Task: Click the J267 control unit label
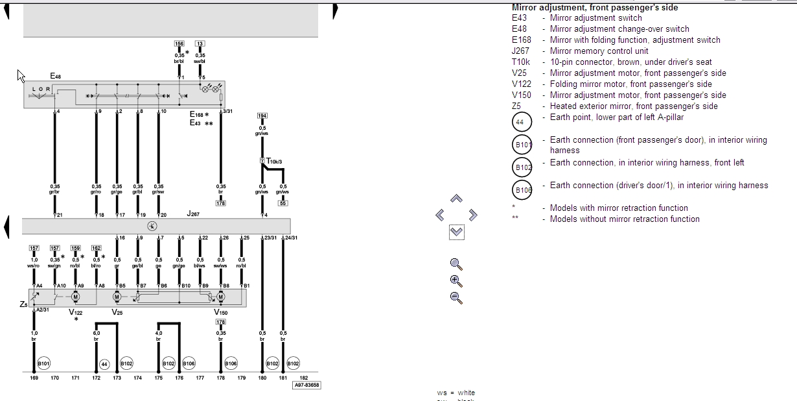click(194, 213)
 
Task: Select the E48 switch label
click(56, 77)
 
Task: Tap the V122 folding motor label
click(75, 312)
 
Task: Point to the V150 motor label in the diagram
click(220, 312)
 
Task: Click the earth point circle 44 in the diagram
click(104, 364)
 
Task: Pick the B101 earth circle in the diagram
click(43, 363)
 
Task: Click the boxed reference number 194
click(262, 115)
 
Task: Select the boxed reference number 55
click(283, 203)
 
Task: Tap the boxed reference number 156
click(179, 43)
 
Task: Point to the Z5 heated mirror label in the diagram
click(24, 304)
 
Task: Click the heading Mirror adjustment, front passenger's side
click(595, 8)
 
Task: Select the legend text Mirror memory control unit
click(599, 51)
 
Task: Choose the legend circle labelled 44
click(522, 122)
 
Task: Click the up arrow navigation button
click(456, 199)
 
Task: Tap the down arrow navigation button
click(456, 232)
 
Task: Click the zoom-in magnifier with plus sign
click(456, 281)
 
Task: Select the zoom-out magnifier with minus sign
click(456, 298)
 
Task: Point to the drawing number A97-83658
click(307, 385)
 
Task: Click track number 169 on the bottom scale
click(34, 378)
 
